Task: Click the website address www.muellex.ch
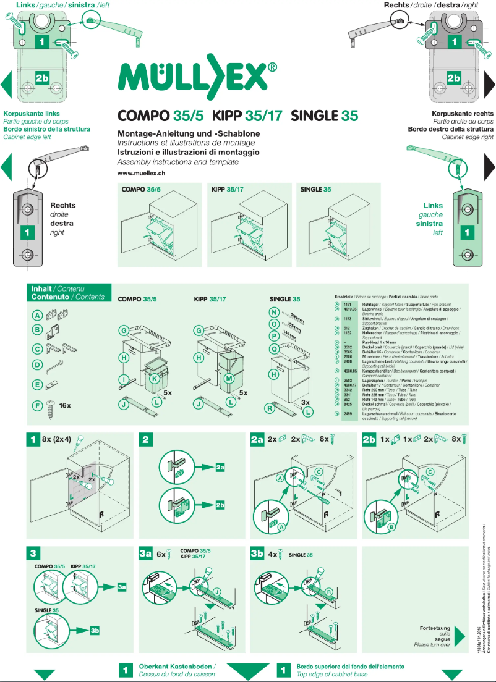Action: pyautogui.click(x=141, y=174)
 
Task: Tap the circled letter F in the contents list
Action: pyautogui.click(x=37, y=406)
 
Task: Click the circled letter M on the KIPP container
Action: pyautogui.click(x=229, y=378)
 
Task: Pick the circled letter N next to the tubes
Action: pyautogui.click(x=275, y=312)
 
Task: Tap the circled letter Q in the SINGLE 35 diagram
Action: pyautogui.click(x=275, y=348)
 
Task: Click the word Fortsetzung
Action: pyautogui.click(x=435, y=627)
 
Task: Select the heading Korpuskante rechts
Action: pyautogui.click(x=463, y=114)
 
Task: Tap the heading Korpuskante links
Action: pyautogui.click(x=32, y=114)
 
